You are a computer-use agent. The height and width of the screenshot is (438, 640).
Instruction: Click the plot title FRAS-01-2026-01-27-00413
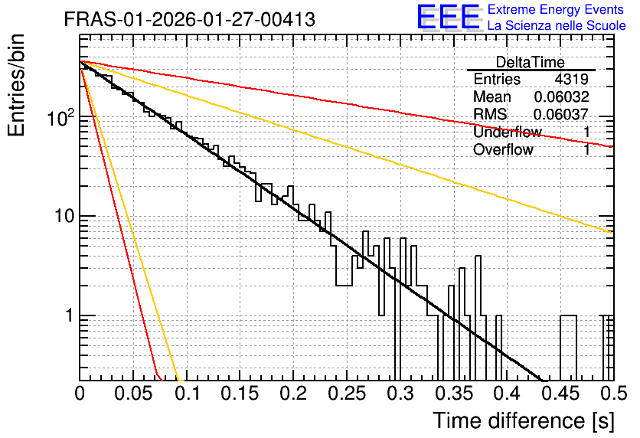(x=190, y=19)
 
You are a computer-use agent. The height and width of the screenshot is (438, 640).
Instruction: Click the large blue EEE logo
(x=448, y=17)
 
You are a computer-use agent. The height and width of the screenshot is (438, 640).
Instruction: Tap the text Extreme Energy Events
(x=556, y=9)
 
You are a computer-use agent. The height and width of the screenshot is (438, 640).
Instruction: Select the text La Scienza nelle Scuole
(x=557, y=26)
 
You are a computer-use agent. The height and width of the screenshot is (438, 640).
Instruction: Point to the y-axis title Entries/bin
(x=16, y=85)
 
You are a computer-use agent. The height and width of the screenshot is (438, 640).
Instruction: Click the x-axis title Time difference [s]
(x=524, y=421)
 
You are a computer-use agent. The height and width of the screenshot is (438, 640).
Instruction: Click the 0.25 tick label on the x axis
(x=347, y=394)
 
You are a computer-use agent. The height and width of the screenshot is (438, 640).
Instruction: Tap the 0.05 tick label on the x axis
(x=133, y=394)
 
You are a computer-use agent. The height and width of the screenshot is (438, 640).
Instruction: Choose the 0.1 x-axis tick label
(x=188, y=394)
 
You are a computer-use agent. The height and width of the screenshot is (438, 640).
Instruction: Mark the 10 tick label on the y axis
(x=65, y=216)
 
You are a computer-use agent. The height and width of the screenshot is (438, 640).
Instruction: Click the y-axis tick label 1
(x=69, y=315)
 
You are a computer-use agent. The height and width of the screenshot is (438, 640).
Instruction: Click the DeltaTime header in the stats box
(x=531, y=62)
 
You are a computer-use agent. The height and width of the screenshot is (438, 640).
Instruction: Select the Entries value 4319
(x=571, y=79)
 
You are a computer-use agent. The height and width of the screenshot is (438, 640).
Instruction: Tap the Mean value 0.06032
(x=562, y=96)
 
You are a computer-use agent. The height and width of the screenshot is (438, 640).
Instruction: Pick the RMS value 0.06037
(x=561, y=114)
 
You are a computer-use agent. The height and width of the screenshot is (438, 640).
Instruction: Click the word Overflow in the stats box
(x=503, y=150)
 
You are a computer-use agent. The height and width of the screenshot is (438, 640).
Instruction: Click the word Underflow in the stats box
(x=508, y=132)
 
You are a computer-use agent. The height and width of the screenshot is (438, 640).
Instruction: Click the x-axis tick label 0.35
(x=454, y=394)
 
